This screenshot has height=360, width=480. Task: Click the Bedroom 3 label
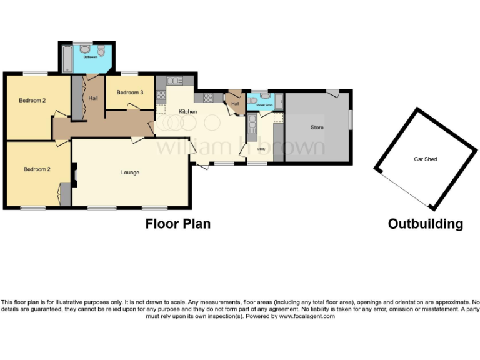130,92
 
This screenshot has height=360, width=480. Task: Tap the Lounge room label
130,172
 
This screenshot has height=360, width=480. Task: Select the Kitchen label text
187,112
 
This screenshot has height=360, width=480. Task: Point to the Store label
317,127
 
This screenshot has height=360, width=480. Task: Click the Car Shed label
426,159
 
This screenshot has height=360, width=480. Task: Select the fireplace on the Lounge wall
74,176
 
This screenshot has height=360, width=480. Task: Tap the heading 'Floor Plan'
178,224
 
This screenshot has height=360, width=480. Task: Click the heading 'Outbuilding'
426,224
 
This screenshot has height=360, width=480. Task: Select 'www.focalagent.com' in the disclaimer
307,316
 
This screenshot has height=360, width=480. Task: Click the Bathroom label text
91,57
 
